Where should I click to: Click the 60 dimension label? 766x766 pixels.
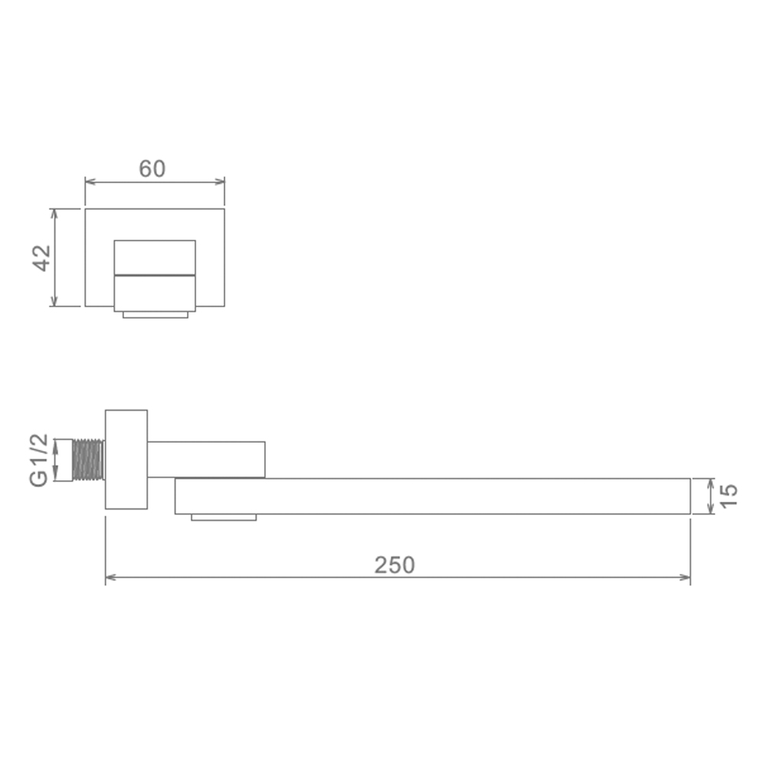(x=152, y=169)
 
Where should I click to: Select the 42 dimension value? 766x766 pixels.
(x=42, y=258)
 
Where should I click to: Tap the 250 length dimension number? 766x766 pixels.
(x=394, y=565)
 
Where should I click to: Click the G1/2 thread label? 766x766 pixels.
(x=39, y=460)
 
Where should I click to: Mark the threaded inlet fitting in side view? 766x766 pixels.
(x=88, y=460)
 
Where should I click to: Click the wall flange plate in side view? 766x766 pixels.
(x=126, y=459)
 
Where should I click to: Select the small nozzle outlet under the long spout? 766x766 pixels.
(x=224, y=517)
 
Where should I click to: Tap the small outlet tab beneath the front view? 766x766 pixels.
(x=155, y=315)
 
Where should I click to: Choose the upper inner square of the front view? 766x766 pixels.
(x=155, y=257)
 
